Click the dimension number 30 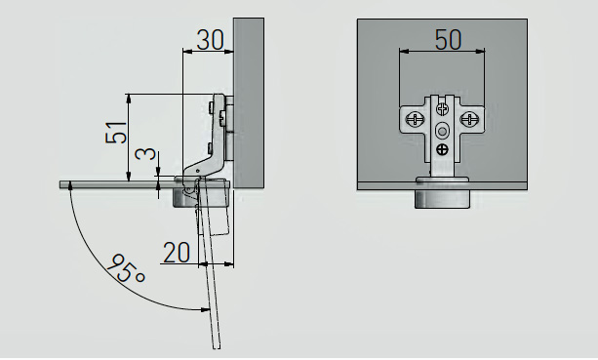[210, 40]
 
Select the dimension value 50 [448, 39]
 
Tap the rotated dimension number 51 [116, 133]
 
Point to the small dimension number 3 [146, 153]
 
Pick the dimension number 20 [177, 253]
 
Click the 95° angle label [126, 268]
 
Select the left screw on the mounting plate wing [415, 119]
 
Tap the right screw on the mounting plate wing [468, 119]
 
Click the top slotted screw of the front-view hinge [442, 108]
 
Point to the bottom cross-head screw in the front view [442, 149]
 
